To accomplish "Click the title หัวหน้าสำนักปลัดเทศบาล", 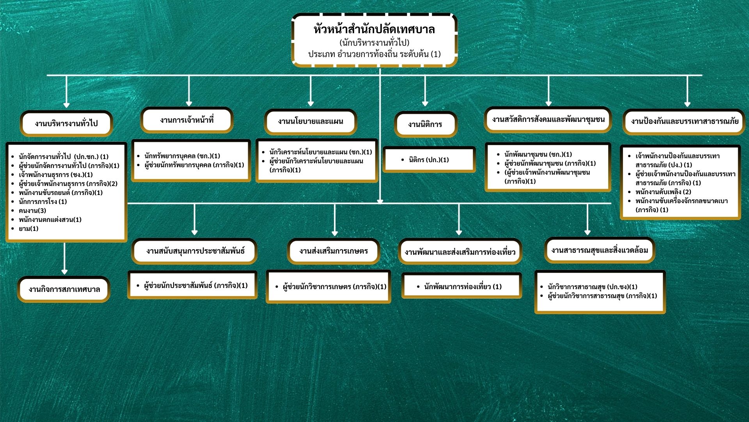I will point(374,30).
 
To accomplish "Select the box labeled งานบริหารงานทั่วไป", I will point(66,123).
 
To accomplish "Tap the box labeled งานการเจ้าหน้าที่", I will point(187,120).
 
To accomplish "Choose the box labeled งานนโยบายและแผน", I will point(311,122).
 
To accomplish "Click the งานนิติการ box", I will point(425,125).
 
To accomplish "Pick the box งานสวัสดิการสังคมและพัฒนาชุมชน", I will point(548,120).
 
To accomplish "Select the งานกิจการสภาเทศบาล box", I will point(64,290).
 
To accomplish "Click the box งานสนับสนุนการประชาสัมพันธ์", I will point(195,251).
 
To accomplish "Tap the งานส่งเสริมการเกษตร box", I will point(334,251).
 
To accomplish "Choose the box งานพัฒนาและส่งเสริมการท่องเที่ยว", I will point(460,252).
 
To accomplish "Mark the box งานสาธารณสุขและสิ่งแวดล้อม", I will point(600,250).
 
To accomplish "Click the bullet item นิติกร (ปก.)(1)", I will point(429,160).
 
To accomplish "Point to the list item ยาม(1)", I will point(28,229).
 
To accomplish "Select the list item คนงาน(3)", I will point(32,211).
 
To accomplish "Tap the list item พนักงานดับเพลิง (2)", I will point(663,192).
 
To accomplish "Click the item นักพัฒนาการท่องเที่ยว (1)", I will point(463,287).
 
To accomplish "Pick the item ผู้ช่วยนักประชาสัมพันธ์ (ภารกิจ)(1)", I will point(195,286).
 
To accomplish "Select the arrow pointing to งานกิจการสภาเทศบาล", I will point(64,258).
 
